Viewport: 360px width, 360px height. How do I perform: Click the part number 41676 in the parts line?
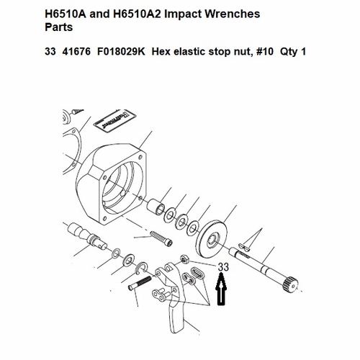pyautogui.click(x=76, y=52)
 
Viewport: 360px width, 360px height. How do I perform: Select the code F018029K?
pyautogui.click(x=121, y=52)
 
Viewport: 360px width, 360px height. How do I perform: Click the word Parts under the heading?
pyautogui.click(x=59, y=27)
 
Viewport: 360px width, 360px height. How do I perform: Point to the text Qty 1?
pyautogui.click(x=293, y=52)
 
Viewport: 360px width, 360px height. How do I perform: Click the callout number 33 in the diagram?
pyautogui.click(x=223, y=267)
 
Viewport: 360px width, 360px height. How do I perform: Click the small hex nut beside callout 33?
pyautogui.click(x=185, y=258)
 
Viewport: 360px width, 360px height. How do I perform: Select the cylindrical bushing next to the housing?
pyautogui.click(x=156, y=206)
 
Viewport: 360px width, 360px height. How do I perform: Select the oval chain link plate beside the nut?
pyautogui.click(x=197, y=273)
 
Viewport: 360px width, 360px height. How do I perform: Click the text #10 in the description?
pyautogui.click(x=265, y=52)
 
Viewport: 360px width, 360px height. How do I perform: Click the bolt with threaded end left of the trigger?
pyautogui.click(x=140, y=284)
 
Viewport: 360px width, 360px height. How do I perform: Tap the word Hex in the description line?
pyautogui.click(x=161, y=52)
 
